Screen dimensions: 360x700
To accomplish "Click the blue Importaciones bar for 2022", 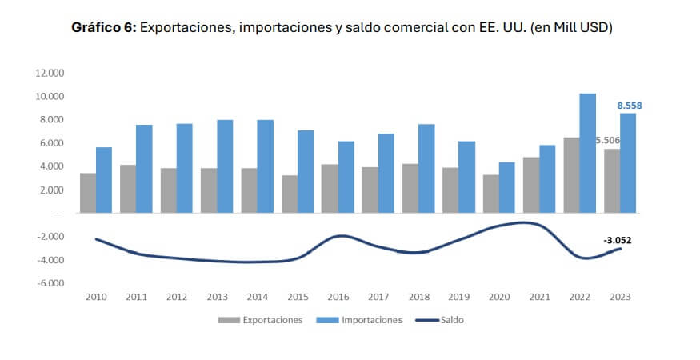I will click(588, 153).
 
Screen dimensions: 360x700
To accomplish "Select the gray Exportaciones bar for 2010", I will click(88, 193).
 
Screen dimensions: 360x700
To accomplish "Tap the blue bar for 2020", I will click(507, 187).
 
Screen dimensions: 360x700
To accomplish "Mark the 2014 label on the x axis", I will click(257, 297).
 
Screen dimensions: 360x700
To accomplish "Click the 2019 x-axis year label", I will click(458, 297).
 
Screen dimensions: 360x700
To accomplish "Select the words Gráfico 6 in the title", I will click(104, 28).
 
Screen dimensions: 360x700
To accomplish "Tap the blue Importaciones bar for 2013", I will click(225, 166).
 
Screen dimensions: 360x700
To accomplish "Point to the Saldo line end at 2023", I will click(620, 249).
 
